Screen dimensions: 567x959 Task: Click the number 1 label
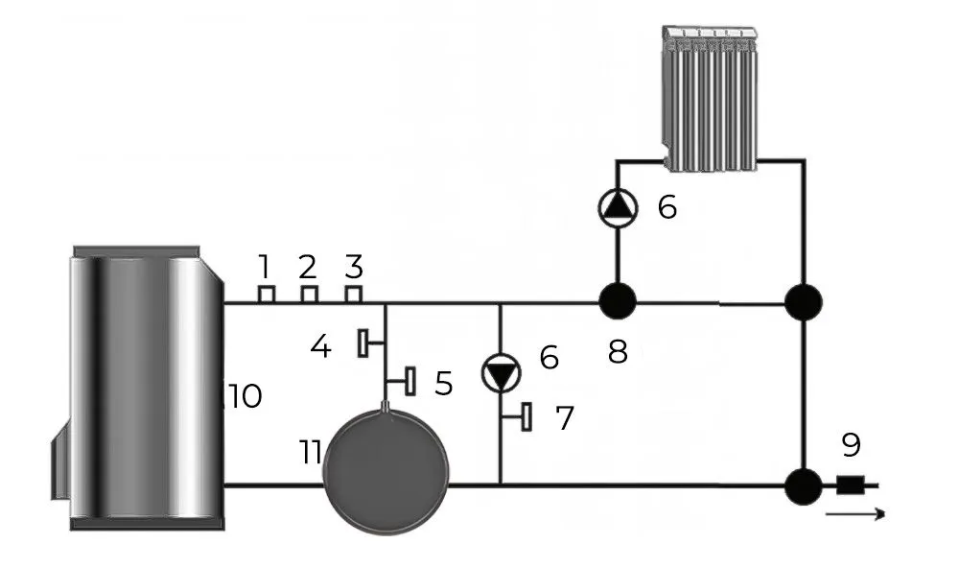266,266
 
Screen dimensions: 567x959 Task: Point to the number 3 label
353,266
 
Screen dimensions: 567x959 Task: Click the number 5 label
443,384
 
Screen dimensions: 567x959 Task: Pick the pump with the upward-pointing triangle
617,206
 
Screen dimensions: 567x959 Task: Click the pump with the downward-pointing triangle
500,373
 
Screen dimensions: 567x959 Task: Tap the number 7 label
564,418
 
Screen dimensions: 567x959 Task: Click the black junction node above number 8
617,302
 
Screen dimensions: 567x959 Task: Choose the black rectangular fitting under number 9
848,485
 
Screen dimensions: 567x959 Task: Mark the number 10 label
246,395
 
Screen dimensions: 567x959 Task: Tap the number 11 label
309,451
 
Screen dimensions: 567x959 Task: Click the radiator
711,99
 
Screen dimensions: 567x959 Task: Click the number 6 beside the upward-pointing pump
667,207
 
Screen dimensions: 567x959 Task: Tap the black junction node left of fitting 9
803,486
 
